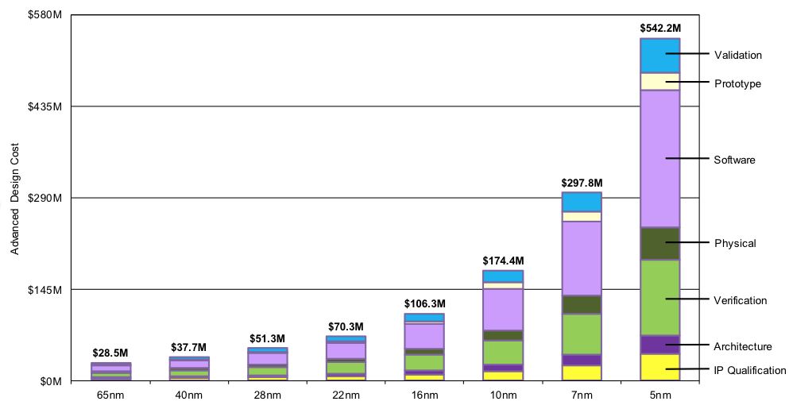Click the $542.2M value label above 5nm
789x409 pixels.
(659, 28)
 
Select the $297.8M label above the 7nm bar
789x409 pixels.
(582, 182)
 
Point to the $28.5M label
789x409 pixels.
(110, 352)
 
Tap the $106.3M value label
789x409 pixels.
(424, 303)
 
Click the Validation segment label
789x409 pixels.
(738, 55)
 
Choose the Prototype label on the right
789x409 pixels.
(737, 83)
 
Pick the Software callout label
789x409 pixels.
(734, 160)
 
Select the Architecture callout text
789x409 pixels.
(742, 346)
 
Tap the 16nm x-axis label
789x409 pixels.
(424, 395)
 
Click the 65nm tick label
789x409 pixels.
(110, 395)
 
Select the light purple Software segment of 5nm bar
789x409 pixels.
(659, 159)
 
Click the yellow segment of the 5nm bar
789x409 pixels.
(659, 367)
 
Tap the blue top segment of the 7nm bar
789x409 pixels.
(582, 202)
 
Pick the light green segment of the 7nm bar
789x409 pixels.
(582, 334)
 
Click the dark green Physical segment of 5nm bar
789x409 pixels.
(659, 243)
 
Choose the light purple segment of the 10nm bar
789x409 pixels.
(503, 309)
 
